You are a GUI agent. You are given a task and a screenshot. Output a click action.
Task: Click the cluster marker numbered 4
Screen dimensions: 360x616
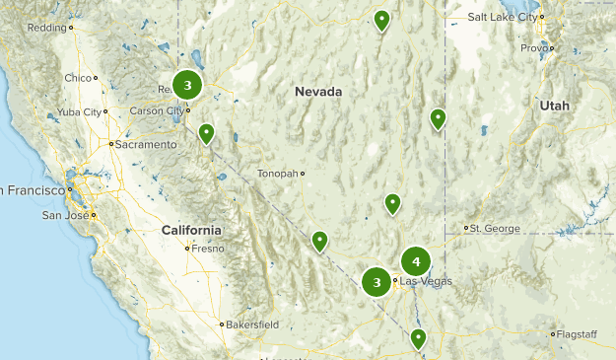(x=416, y=261)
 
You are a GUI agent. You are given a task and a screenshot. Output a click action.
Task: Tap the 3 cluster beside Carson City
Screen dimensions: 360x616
(x=187, y=85)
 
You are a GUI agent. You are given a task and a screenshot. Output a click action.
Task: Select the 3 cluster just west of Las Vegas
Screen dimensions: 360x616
(x=376, y=283)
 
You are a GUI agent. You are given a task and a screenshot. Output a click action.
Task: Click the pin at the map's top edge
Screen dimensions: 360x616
(x=381, y=20)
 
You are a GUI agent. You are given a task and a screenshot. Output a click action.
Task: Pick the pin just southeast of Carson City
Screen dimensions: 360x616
(x=206, y=133)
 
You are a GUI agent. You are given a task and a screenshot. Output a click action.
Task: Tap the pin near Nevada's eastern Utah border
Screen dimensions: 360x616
(x=438, y=119)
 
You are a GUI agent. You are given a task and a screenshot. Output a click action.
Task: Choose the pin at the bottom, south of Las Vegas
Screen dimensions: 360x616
(x=418, y=339)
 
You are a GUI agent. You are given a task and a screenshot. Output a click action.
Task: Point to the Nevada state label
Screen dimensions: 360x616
(x=318, y=92)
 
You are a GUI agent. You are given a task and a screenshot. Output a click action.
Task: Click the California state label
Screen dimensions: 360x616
(x=191, y=230)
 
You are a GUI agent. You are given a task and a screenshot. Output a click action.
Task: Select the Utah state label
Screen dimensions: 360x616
(x=554, y=106)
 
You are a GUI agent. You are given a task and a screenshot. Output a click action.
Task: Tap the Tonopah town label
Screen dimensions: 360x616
(x=277, y=174)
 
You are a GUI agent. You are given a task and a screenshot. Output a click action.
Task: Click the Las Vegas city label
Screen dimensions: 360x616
(x=426, y=281)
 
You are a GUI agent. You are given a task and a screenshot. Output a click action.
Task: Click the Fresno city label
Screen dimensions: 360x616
(x=208, y=248)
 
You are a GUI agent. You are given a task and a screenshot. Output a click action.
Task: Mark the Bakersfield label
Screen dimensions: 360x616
(x=252, y=324)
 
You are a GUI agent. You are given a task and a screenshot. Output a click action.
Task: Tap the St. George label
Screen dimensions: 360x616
(x=495, y=229)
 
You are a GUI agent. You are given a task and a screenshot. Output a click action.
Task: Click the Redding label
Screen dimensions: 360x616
(x=46, y=28)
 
